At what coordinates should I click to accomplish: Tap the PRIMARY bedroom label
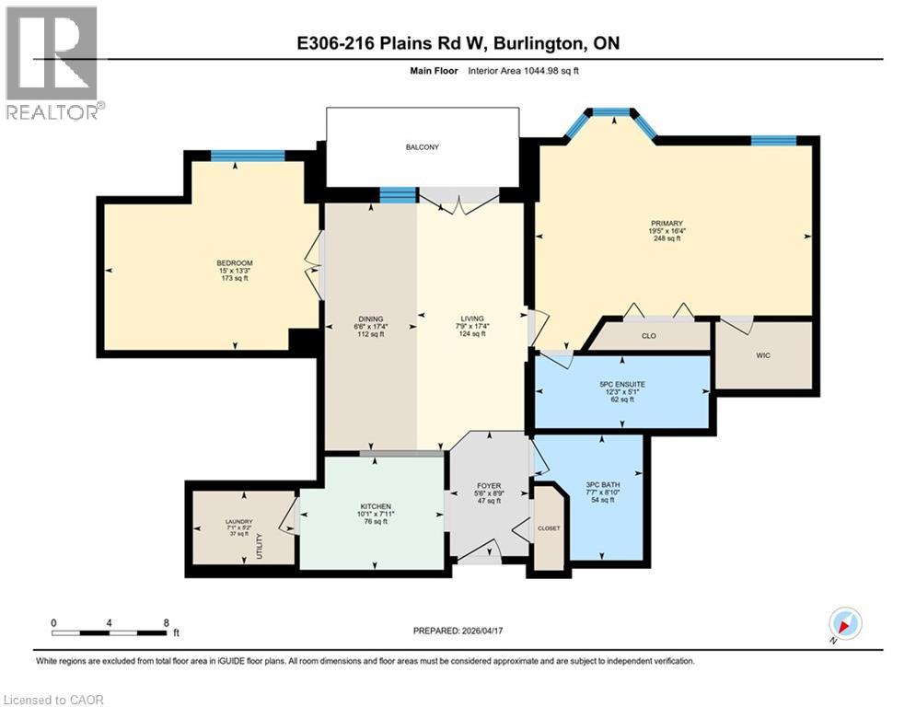[x=666, y=223]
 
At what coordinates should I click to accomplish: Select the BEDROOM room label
[x=234, y=263]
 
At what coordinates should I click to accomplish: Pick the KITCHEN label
[x=376, y=506]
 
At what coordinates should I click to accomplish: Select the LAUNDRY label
[x=238, y=521]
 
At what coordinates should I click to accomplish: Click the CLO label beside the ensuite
[x=649, y=336]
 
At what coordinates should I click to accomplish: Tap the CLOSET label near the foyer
[x=550, y=528]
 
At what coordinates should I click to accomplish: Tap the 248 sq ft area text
[x=666, y=238]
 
